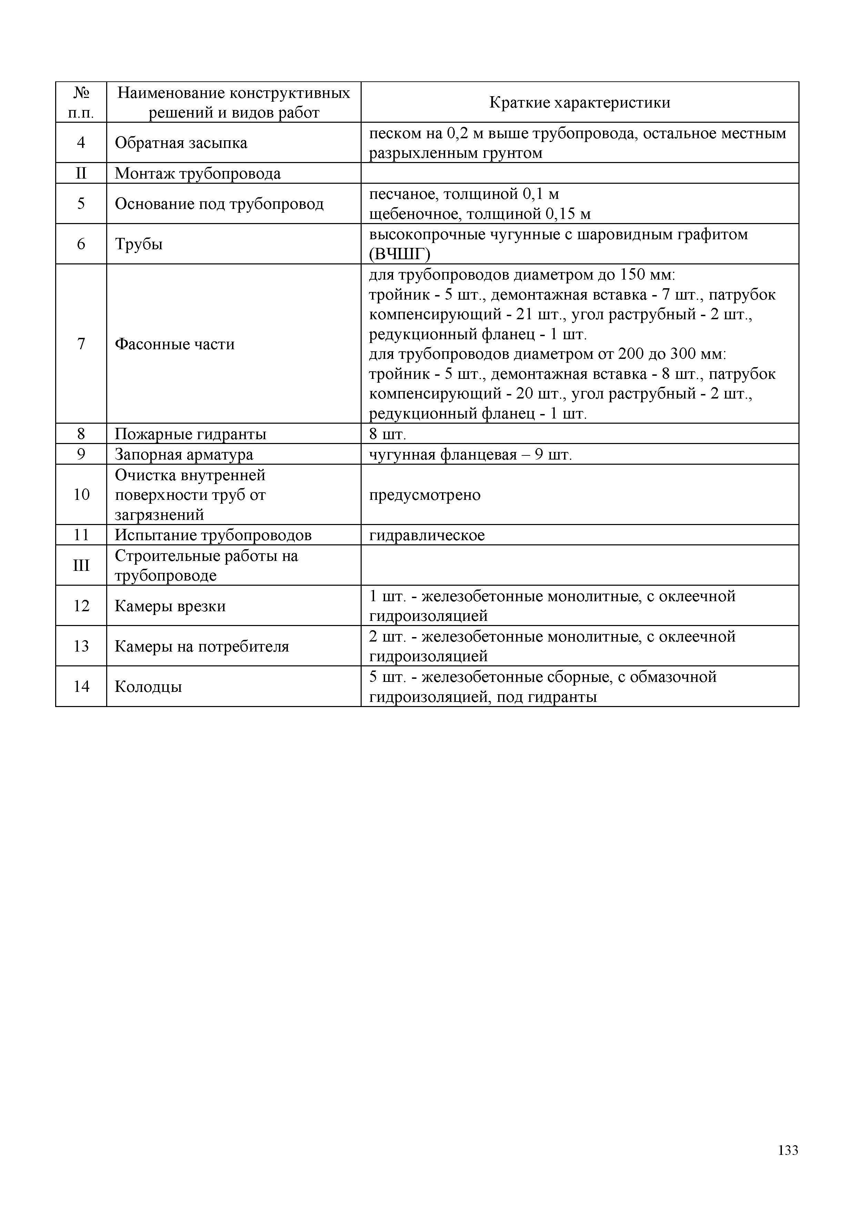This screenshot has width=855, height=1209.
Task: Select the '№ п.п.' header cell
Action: pos(81,103)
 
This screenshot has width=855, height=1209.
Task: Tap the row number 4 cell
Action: pos(81,143)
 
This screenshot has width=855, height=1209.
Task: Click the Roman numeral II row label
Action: pos(81,173)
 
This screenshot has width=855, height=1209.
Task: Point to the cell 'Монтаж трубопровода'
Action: pos(198,173)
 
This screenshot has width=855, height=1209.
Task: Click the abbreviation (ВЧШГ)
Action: pos(400,254)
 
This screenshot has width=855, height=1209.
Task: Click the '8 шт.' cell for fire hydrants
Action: pos(388,434)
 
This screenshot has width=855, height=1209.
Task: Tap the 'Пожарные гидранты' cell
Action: pos(191,434)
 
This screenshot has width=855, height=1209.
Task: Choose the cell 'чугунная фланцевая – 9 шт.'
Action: pos(470,454)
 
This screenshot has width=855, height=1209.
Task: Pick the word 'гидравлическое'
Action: pos(427,535)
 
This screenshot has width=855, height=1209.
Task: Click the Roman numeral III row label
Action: pos(81,565)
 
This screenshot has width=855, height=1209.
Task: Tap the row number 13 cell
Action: pos(81,646)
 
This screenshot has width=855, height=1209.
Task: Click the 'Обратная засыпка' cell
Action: pos(181,143)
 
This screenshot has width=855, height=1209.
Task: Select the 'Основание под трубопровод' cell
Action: pos(219,204)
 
